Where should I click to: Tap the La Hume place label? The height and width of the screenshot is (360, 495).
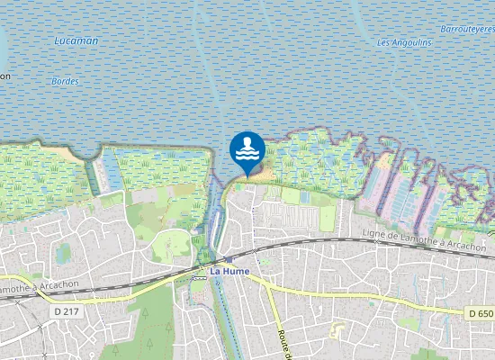point(229,271)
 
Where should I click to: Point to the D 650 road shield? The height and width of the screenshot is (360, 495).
point(480,313)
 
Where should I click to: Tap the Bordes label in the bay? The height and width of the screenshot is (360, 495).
point(65,81)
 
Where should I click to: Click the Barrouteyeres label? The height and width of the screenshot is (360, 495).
point(468,29)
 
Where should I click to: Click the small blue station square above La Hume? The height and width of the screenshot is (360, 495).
point(229,258)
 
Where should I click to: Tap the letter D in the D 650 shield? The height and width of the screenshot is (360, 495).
point(472,313)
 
